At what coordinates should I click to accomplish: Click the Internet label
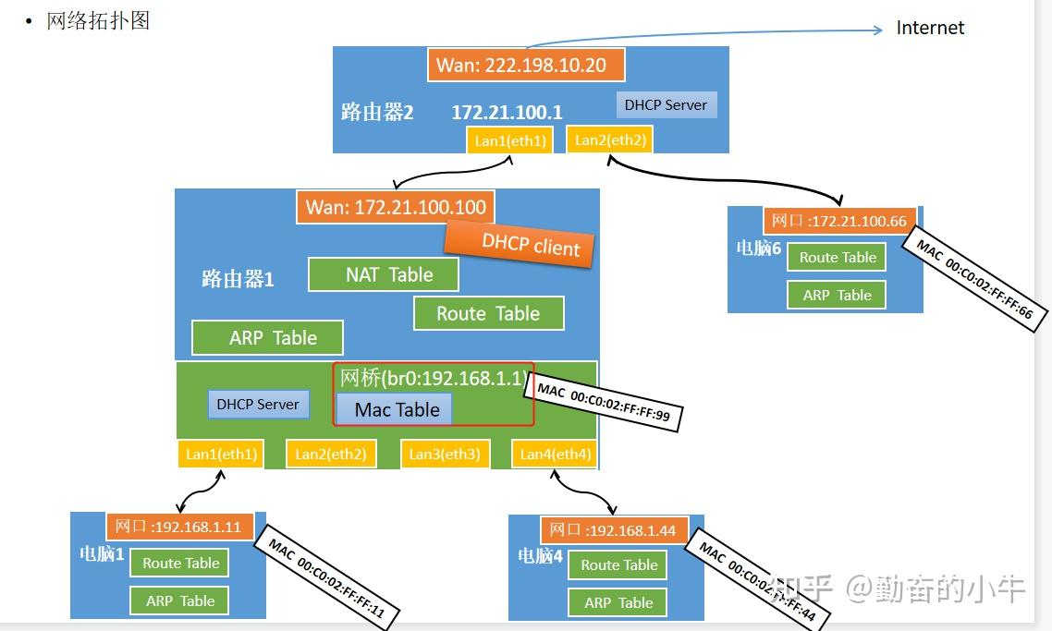(930, 28)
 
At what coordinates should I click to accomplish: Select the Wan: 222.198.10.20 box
(526, 65)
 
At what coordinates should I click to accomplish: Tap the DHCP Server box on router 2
(667, 104)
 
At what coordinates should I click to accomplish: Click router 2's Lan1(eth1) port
(510, 140)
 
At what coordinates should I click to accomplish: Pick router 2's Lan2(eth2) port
(610, 140)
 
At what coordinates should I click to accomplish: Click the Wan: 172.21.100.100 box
(396, 207)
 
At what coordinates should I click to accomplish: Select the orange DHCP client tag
(519, 244)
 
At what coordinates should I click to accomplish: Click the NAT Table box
(384, 274)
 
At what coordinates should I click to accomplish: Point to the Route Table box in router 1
(488, 313)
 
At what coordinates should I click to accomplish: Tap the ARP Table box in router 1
(268, 337)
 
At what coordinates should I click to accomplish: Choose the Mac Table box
(394, 409)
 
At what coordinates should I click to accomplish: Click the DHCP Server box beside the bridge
(258, 405)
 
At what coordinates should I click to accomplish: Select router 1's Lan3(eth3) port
(445, 454)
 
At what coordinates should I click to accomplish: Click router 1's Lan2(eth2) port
(331, 454)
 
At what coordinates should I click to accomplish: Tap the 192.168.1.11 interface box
(180, 527)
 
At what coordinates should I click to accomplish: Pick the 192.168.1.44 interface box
(615, 529)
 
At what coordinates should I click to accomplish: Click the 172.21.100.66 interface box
(840, 221)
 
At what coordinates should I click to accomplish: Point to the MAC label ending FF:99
(604, 402)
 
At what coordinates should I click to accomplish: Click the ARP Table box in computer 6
(837, 295)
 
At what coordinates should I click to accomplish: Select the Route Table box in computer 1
(180, 563)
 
